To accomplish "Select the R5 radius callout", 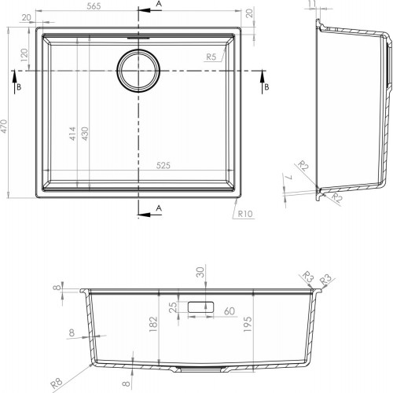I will (211, 57).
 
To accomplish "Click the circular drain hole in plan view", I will (140, 70).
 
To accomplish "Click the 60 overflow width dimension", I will (230, 311).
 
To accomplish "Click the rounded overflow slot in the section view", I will (204, 307).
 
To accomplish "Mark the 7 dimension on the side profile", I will (289, 180).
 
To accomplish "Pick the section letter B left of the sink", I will (18, 86).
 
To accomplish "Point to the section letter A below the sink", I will (159, 208).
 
